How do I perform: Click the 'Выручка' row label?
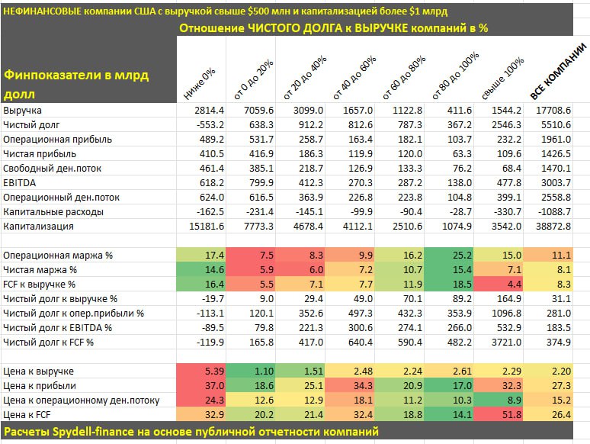(x=22, y=111)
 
